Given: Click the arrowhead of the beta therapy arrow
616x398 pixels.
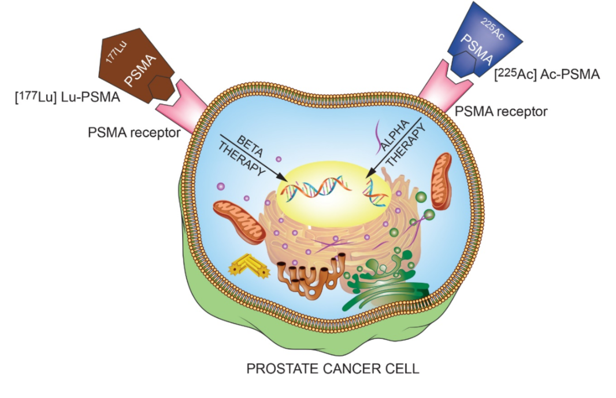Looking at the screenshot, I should point(283,178).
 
